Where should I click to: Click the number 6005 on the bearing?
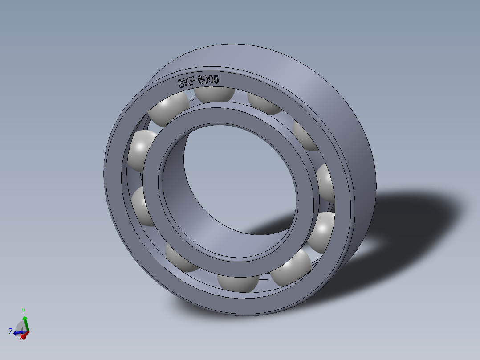(208, 80)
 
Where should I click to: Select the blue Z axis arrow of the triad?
(17, 332)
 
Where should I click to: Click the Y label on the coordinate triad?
(23, 311)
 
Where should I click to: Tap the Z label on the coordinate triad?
(10, 331)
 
